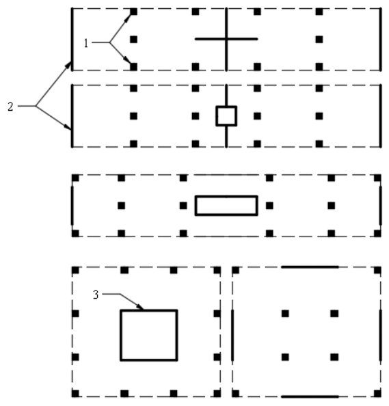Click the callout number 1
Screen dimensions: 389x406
pos(86,43)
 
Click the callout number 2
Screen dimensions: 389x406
pos(10,107)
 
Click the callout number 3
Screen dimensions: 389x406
pos(96,295)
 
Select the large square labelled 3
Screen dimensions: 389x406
pos(120,335)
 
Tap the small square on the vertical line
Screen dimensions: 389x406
pos(217,116)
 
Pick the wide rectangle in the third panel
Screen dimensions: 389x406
pos(196,206)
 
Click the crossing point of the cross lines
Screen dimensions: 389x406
pos(226,39)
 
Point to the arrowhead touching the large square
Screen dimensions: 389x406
pos(140,307)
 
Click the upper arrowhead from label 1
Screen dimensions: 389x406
pos(129,17)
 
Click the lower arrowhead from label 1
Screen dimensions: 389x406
pos(128,60)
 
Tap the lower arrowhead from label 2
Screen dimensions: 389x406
pos(68,127)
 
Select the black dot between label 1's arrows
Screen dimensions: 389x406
pos(133,40)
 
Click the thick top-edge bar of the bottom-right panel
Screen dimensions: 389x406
pos(310,267)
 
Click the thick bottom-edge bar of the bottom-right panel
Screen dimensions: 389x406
pos(310,396)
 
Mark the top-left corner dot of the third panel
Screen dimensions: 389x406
pos(75,178)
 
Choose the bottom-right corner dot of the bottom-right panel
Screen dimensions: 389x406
pos(377,394)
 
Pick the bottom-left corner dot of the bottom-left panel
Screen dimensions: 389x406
pos(75,394)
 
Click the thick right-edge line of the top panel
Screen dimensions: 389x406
pos(381,40)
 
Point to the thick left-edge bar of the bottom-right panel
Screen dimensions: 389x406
pos(232,335)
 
